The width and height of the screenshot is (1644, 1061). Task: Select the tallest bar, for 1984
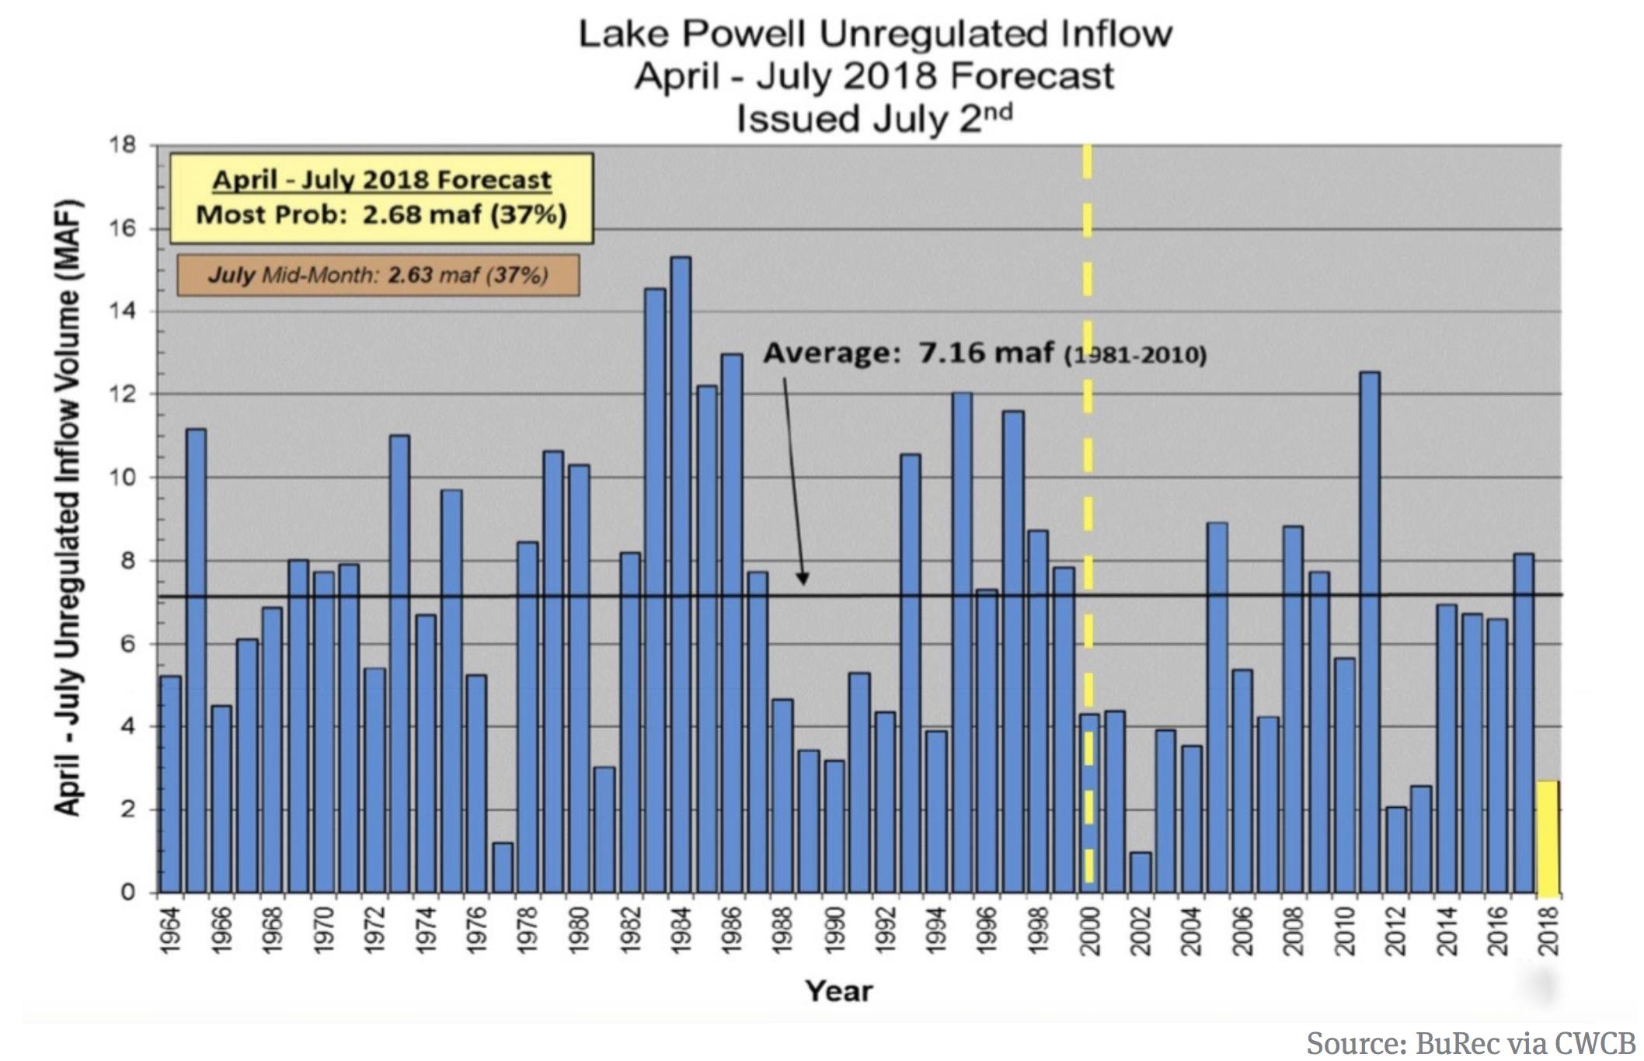pyautogui.click(x=681, y=575)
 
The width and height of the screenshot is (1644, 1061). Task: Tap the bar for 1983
pyautogui.click(x=655, y=590)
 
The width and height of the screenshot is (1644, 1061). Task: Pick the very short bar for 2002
pyautogui.click(x=1141, y=873)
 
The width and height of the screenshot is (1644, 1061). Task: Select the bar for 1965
pyautogui.click(x=197, y=660)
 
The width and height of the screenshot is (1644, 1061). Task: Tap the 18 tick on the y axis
pyautogui.click(x=123, y=145)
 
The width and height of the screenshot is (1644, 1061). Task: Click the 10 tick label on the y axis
pyautogui.click(x=123, y=478)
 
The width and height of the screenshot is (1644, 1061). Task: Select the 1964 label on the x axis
pyautogui.click(x=170, y=931)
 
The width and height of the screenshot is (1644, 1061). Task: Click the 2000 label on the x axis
pyautogui.click(x=1089, y=931)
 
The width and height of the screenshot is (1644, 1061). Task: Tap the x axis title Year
pyautogui.click(x=839, y=991)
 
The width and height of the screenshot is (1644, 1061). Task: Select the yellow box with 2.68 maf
pyautogui.click(x=381, y=198)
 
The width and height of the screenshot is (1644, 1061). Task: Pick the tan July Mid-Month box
pyautogui.click(x=378, y=275)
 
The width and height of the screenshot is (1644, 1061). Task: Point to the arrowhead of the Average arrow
pyautogui.click(x=803, y=579)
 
